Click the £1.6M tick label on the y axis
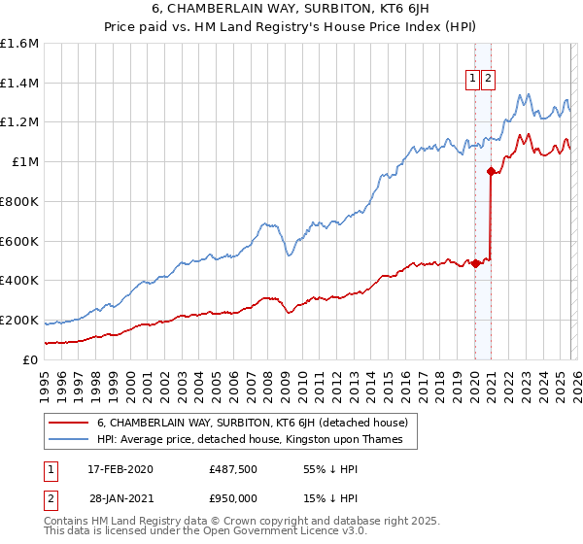coord(19,44)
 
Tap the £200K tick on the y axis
coord(19,320)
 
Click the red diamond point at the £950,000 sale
coord(491,172)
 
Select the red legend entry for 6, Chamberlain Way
coord(257,423)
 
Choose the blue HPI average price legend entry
coord(256,440)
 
